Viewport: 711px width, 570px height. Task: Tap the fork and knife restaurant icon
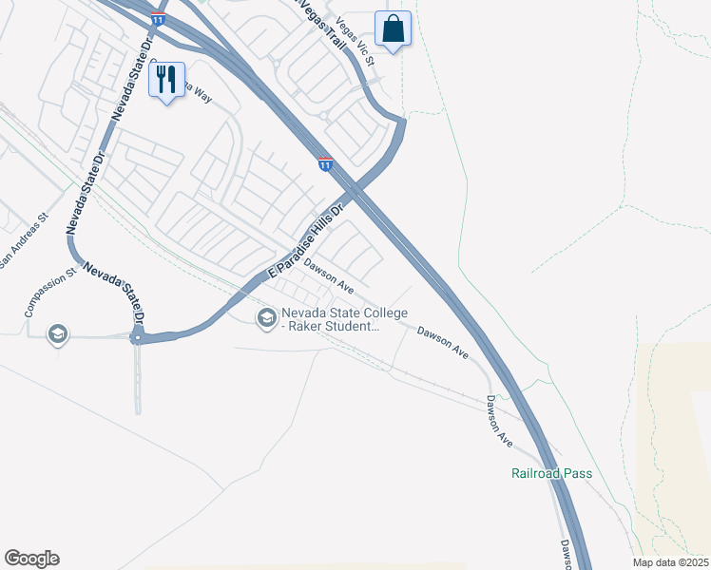click(166, 79)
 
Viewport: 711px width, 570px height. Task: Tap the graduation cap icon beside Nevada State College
click(266, 316)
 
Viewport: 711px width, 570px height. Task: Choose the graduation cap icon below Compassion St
click(58, 333)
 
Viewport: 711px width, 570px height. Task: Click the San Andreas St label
click(23, 240)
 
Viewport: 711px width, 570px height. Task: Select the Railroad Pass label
click(550, 473)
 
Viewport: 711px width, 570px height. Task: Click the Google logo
click(31, 559)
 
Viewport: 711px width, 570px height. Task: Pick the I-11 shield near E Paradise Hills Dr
click(325, 164)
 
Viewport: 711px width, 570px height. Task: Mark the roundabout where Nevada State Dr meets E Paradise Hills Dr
click(139, 336)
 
